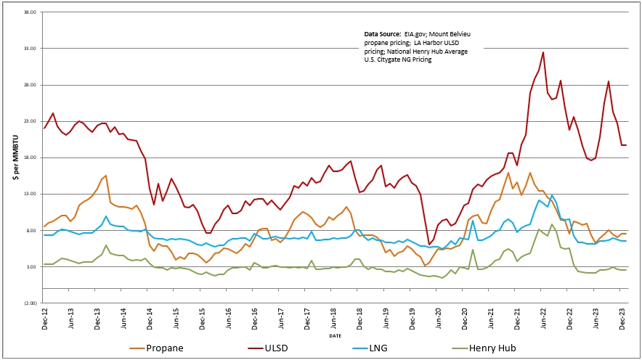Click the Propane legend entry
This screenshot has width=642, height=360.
163,348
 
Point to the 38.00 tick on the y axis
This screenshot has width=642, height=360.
30,12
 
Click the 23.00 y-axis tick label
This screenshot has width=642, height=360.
30,121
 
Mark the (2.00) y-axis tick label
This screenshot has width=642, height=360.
29,303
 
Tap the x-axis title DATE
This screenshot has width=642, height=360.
335,335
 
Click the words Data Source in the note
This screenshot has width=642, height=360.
381,35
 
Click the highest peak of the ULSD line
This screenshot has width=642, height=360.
543,52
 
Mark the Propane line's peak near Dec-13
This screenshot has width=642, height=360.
106,176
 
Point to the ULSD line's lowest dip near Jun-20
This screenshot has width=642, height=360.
429,245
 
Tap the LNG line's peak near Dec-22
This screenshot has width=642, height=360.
552,195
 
